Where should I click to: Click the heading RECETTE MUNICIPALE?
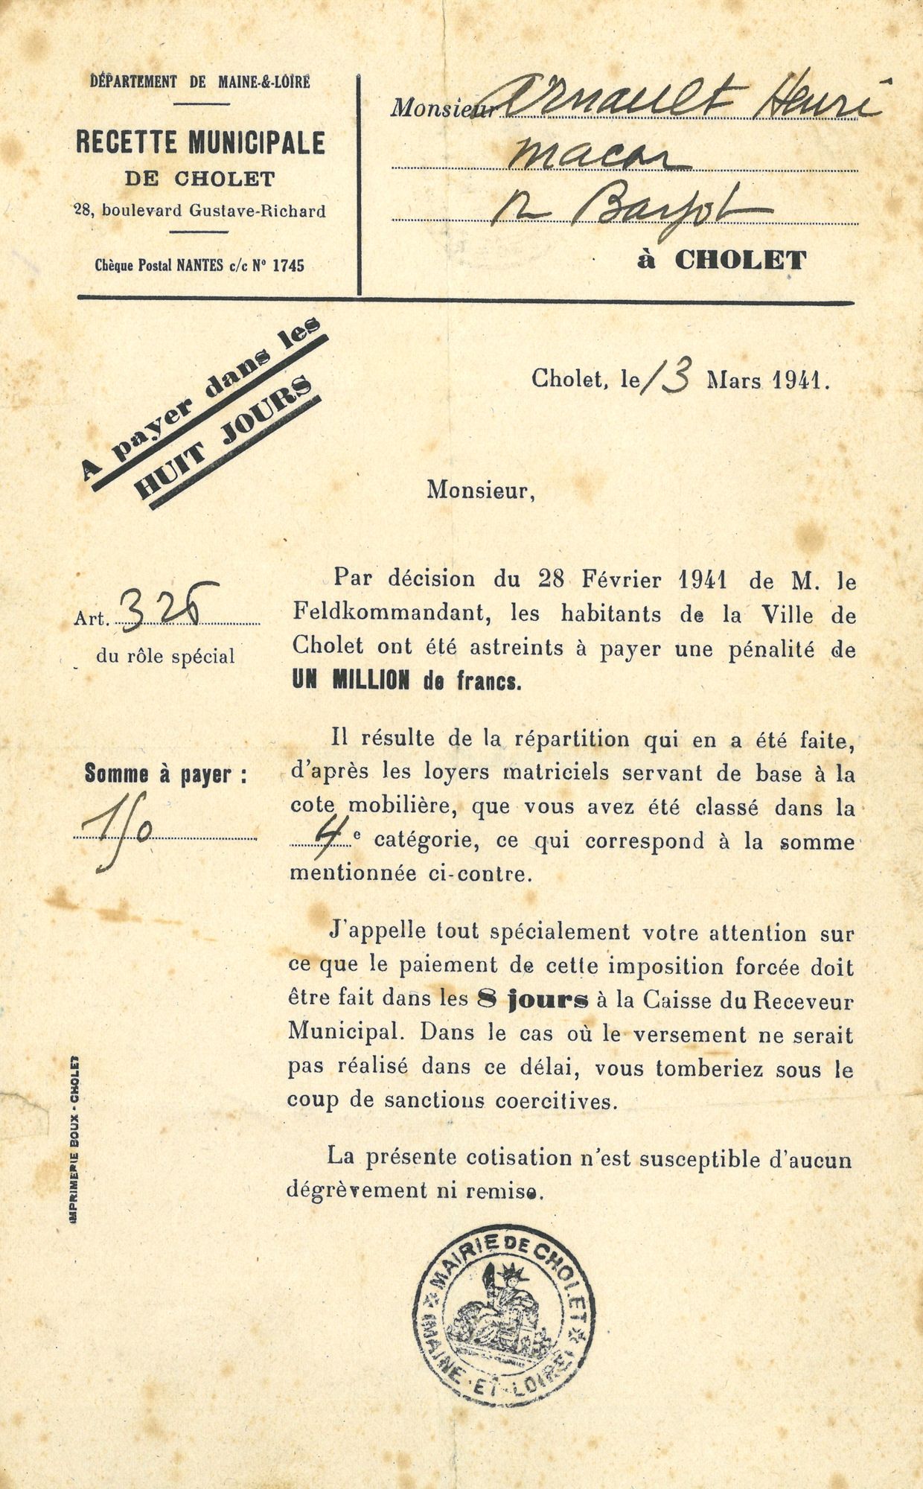[x=200, y=142]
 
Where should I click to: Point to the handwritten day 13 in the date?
[x=667, y=376]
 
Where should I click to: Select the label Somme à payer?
[x=165, y=775]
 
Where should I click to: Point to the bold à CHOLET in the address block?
[x=721, y=261]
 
